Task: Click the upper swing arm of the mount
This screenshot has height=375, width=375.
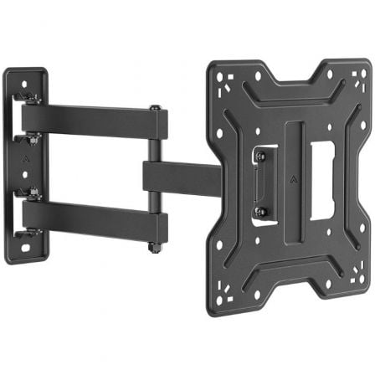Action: pos(92,121)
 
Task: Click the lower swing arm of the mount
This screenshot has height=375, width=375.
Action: pos(92,219)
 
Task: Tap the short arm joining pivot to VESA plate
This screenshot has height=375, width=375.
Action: pos(180,176)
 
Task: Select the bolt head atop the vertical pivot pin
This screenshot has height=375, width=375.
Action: pos(155,108)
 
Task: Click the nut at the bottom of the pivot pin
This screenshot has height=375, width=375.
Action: pos(155,248)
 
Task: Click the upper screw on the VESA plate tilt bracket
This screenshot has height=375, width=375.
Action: pos(260,156)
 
